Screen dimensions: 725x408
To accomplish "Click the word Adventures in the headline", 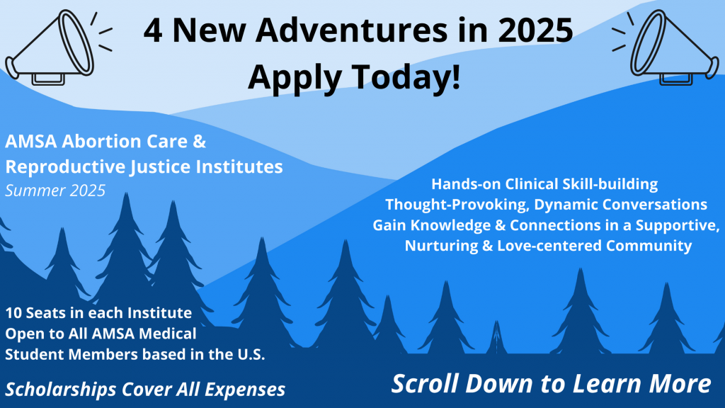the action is point(351,30).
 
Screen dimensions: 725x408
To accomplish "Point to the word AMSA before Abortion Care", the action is point(31,141).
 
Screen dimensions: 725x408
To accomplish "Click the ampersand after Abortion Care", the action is point(199,141).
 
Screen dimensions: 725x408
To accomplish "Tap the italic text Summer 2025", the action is point(55,191).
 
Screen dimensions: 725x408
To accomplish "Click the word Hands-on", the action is point(466,184).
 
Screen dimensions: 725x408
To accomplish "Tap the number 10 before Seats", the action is point(13,313).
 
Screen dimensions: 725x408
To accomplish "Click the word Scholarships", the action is point(61,390).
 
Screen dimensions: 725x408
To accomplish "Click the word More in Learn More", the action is point(680,384).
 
